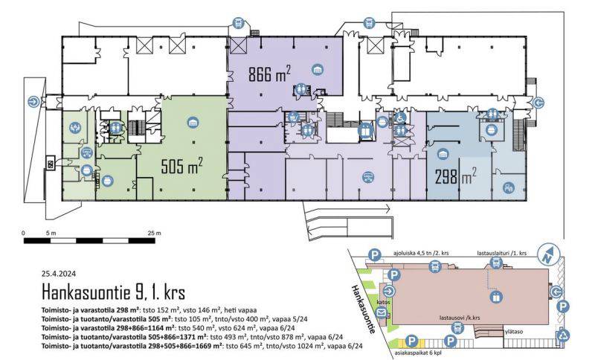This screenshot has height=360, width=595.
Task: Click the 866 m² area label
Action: point(269,74)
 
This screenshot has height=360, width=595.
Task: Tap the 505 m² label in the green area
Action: point(181,166)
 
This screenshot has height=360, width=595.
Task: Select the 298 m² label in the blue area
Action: point(455,176)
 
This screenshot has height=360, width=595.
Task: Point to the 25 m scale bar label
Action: point(154,233)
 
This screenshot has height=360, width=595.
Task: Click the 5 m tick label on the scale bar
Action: point(51,233)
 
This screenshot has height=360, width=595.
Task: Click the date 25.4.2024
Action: point(59,274)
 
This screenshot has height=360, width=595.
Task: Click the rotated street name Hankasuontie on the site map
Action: point(363,309)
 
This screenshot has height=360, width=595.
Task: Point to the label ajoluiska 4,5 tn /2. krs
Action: point(421,253)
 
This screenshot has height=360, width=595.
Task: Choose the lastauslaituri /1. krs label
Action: point(501,253)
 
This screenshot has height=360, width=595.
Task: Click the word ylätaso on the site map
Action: point(514,332)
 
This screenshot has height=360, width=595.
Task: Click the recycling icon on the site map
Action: point(563,335)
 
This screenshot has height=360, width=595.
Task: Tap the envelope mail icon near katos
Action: point(382,313)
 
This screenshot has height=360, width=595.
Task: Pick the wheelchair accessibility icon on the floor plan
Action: point(399,118)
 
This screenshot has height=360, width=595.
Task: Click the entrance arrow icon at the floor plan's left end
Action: point(34,102)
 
